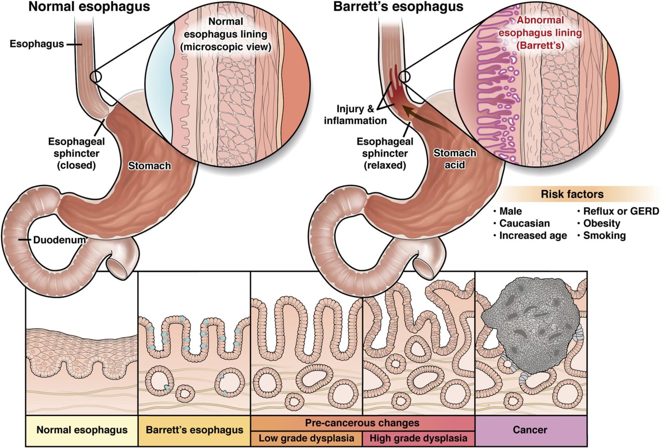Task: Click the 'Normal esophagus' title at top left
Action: click(x=89, y=7)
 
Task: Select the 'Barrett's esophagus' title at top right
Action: click(x=398, y=7)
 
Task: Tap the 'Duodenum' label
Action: click(x=59, y=240)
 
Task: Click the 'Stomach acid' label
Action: click(x=454, y=159)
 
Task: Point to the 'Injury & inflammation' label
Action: click(x=355, y=115)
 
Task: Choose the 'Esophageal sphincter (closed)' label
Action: click(x=76, y=153)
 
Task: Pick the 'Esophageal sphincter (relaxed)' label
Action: click(x=385, y=153)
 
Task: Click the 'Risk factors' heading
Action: click(x=572, y=194)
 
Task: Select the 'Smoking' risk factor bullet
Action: click(x=604, y=236)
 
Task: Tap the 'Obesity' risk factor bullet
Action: click(x=601, y=224)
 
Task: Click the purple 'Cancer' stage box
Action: click(x=530, y=430)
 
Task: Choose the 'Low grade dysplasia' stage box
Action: click(x=306, y=439)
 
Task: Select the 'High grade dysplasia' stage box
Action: click(x=418, y=439)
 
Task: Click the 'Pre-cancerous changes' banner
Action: click(x=362, y=423)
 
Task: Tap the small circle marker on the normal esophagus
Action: click(x=96, y=77)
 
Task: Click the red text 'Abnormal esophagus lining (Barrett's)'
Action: click(x=540, y=33)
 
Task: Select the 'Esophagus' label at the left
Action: click(x=37, y=44)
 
